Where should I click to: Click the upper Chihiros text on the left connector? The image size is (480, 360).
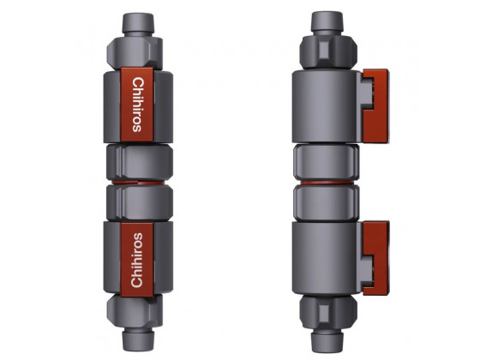[138, 105]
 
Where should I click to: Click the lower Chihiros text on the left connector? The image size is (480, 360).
[137, 261]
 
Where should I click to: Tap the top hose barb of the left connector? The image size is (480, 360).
[138, 23]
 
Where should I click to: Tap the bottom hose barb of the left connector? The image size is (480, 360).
[138, 339]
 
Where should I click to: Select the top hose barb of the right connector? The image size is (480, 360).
[327, 21]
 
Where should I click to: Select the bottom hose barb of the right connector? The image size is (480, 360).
[327, 340]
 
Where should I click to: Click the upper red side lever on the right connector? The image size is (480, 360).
[376, 106]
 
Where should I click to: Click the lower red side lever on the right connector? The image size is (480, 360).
[376, 258]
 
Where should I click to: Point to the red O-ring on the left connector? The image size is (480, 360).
[138, 183]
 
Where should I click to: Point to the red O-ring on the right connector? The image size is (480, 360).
[327, 183]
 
